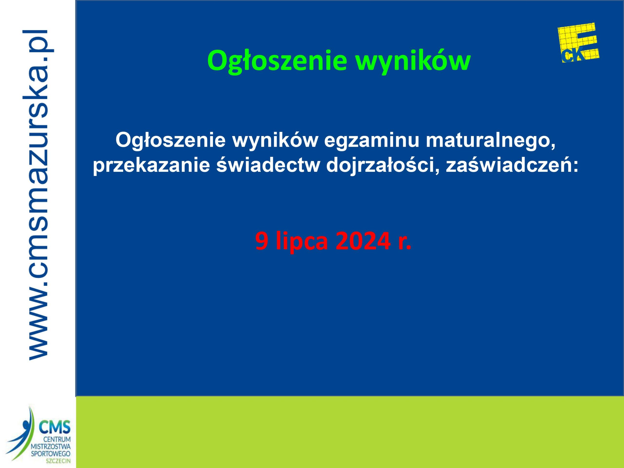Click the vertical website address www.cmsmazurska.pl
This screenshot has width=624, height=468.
(x=38, y=195)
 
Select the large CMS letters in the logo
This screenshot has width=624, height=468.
(x=55, y=427)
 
